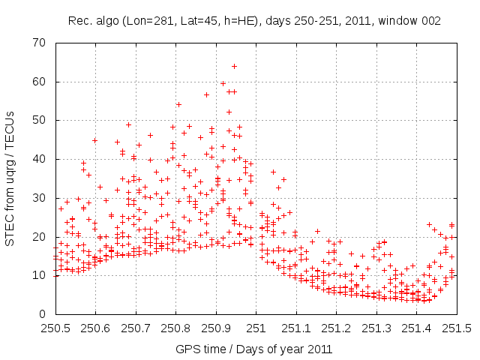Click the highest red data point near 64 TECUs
coord(234,66)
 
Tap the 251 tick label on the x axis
coord(256,328)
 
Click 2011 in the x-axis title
coord(319,349)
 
